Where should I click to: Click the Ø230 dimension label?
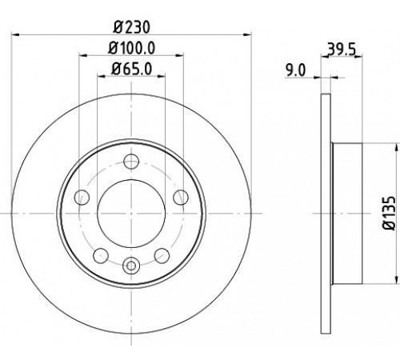coord(131,27)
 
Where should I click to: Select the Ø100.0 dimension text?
coord(131,48)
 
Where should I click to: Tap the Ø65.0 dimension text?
coord(131,69)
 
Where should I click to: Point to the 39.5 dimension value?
coord(342,49)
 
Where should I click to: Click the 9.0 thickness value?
coord(296,71)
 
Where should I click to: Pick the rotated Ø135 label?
coord(389,213)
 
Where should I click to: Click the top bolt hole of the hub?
coord(131,162)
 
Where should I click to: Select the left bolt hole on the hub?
coord(82,198)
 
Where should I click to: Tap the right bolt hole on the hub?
coord(181,198)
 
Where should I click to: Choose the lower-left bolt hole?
coord(101,255)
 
